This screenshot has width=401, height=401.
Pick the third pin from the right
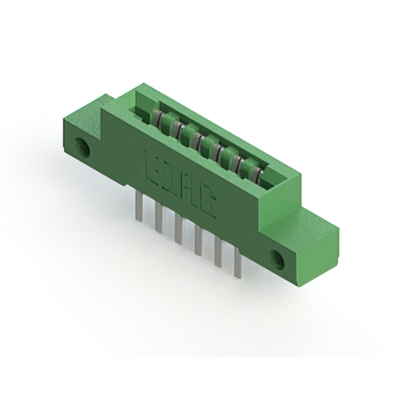coord(198,241)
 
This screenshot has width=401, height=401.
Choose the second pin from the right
coord(217,252)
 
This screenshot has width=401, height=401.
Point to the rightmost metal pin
coord(237,263)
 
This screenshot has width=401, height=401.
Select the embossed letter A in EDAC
coord(188,187)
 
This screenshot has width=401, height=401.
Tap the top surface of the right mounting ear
coord(304,222)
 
